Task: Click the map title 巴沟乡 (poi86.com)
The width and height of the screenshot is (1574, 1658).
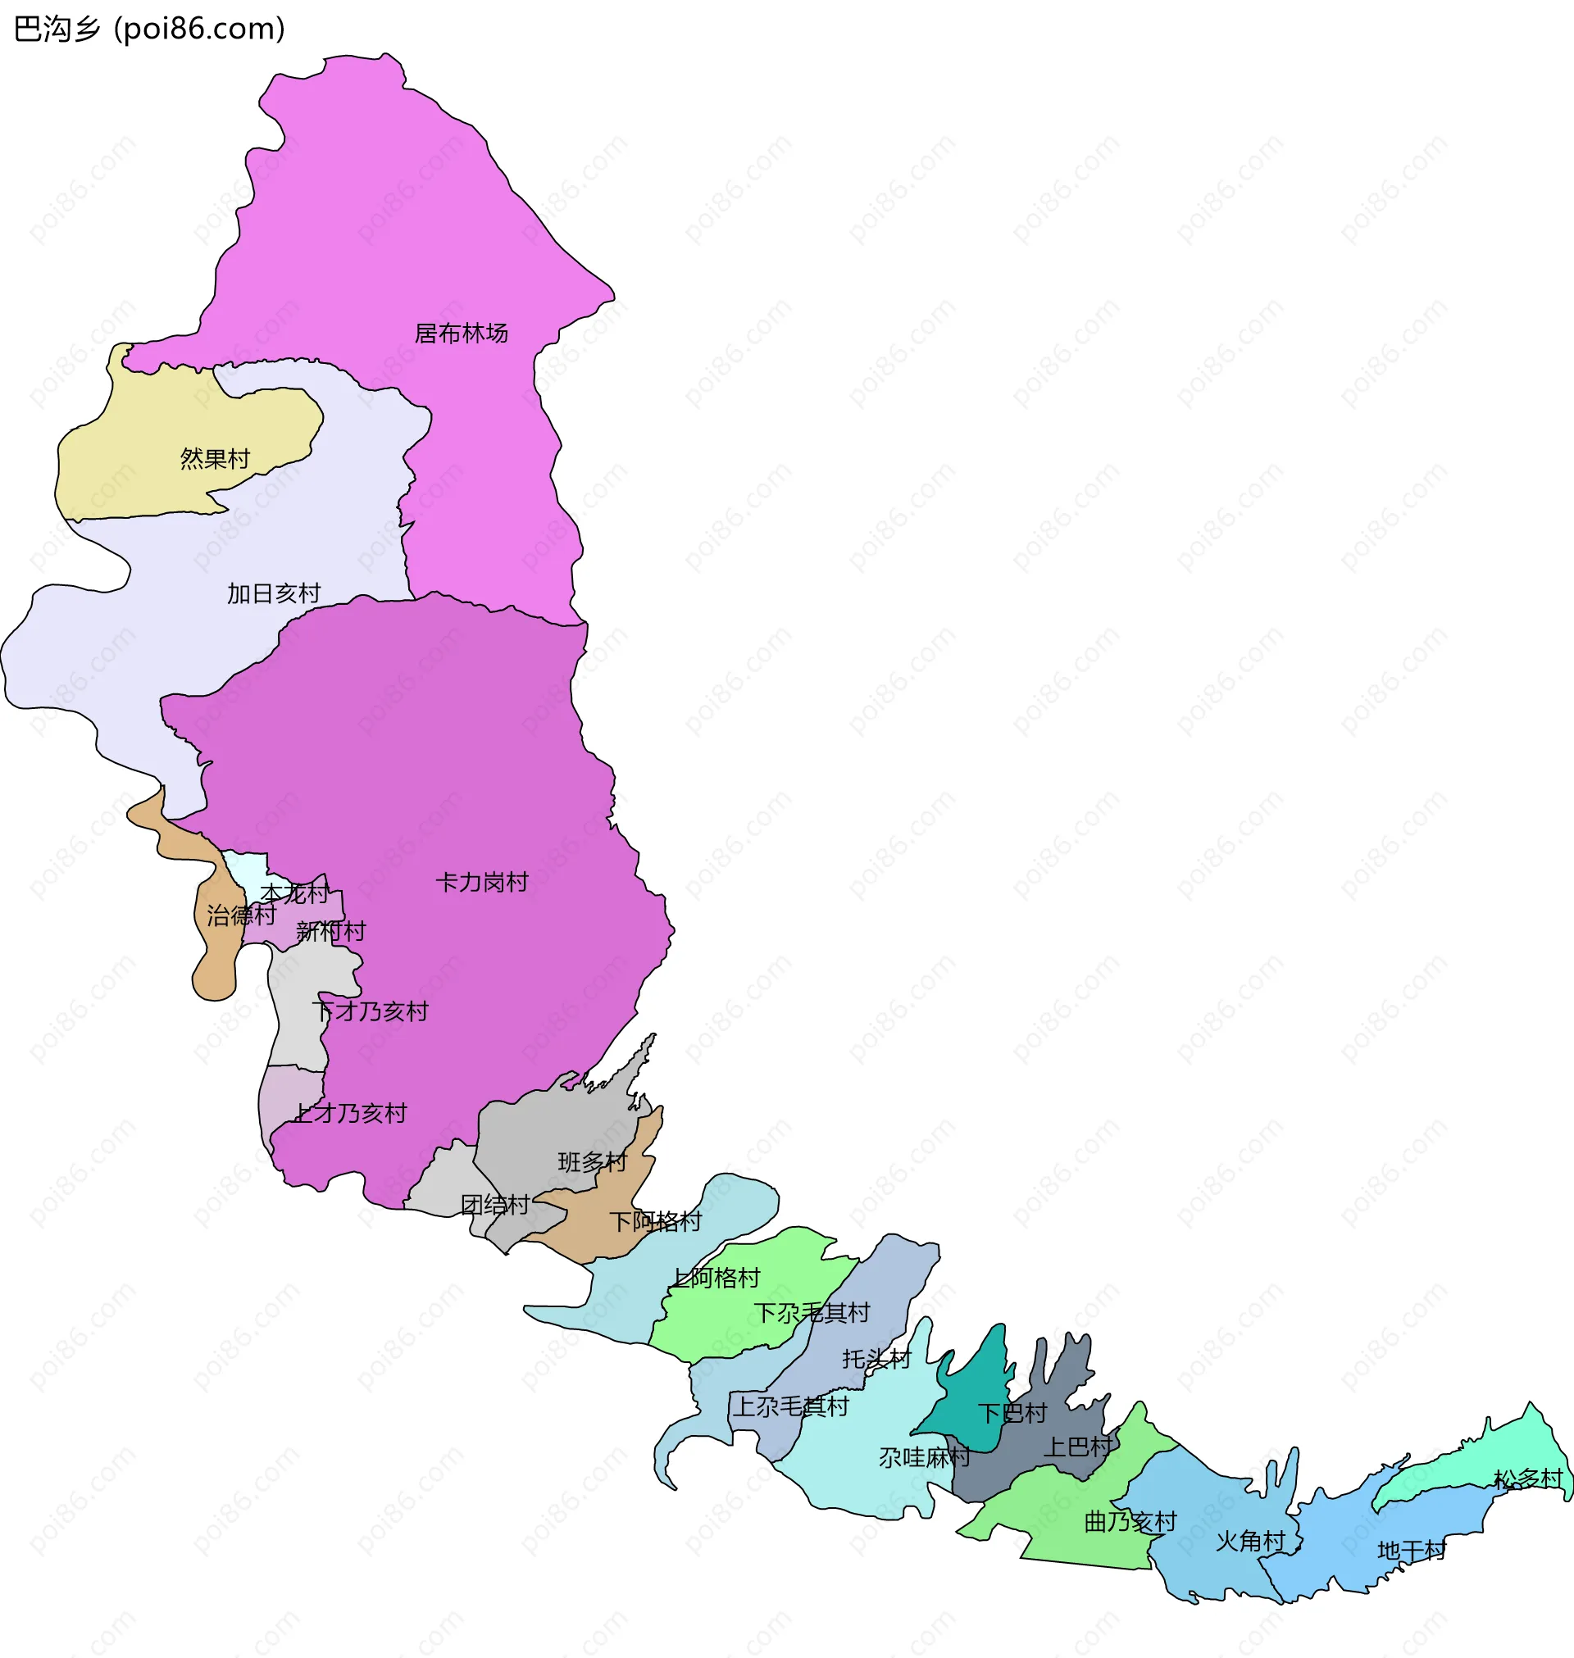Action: tap(149, 30)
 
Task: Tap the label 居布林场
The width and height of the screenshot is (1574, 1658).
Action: tap(461, 334)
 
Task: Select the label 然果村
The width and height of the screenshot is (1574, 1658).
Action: tap(215, 459)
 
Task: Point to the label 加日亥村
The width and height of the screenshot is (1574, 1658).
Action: tap(274, 593)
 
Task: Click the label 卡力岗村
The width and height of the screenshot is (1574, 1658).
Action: tap(481, 882)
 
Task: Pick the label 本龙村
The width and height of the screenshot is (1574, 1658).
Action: tap(294, 894)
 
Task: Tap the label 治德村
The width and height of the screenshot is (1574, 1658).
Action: tap(241, 915)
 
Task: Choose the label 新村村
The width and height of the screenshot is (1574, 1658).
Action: tap(330, 931)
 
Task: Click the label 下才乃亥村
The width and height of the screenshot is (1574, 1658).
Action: tap(370, 1011)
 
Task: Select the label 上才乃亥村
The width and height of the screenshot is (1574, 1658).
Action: tap(350, 1114)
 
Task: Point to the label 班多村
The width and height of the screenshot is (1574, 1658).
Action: tap(593, 1162)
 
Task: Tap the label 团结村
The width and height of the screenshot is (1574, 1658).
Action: tap(495, 1205)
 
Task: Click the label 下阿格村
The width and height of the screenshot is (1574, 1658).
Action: tap(655, 1222)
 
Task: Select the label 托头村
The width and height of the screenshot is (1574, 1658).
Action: tap(877, 1360)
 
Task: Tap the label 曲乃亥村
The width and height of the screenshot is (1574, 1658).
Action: tap(1130, 1521)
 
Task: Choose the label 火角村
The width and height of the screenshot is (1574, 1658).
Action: tap(1250, 1542)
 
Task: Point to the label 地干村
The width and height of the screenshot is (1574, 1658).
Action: tap(1412, 1551)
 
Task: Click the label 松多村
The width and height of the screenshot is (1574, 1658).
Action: tap(1528, 1479)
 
